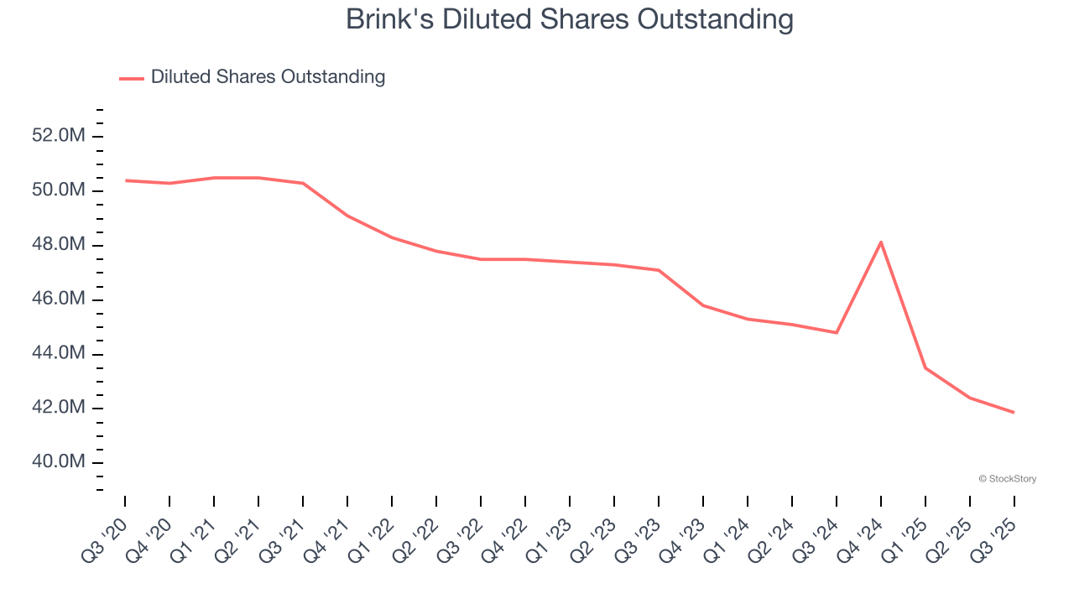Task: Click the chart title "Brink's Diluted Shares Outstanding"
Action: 570,20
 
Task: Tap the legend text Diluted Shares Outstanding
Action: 268,77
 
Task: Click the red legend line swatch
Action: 132,78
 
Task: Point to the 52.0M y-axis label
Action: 59,136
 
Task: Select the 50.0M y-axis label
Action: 59,190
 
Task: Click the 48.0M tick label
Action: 59,245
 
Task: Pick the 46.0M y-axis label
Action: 59,299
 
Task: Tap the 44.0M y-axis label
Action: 59,354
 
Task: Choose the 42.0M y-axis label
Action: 59,409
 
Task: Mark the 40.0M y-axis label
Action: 59,463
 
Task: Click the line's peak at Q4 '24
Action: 881,242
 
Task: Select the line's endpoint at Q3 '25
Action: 1014,412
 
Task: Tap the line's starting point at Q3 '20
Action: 126,180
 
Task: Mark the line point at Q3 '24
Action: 837,332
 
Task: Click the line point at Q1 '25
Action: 925,367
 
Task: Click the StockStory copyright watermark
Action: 1007,479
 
